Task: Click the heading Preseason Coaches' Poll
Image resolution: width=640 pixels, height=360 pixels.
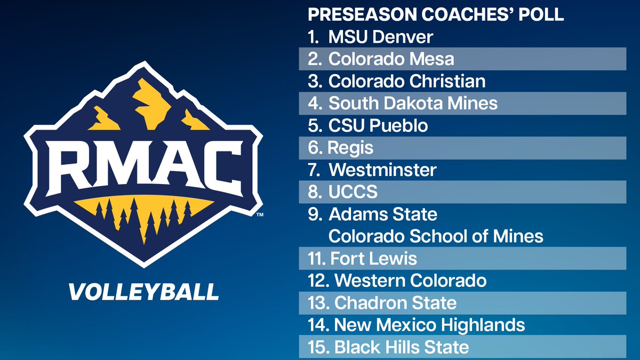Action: pyautogui.click(x=436, y=14)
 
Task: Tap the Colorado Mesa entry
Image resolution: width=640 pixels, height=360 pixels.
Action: pyautogui.click(x=391, y=59)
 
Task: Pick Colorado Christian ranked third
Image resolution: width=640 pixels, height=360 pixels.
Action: pyautogui.click(x=407, y=81)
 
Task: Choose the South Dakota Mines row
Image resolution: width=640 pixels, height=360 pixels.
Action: pyautogui.click(x=413, y=103)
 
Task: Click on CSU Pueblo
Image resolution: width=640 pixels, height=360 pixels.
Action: pyautogui.click(x=378, y=126)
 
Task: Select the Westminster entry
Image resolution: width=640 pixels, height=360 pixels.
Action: pyautogui.click(x=382, y=170)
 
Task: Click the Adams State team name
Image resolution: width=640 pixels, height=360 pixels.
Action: pyautogui.click(x=383, y=214)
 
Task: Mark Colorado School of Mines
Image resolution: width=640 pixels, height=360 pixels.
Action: pyautogui.click(x=436, y=236)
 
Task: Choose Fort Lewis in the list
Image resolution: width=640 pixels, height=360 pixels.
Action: pyautogui.click(x=373, y=259)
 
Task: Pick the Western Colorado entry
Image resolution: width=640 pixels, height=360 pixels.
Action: pyautogui.click(x=410, y=281)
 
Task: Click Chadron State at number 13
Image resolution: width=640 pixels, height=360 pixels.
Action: pyautogui.click(x=395, y=303)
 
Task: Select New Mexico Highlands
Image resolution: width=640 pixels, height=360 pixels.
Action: pyautogui.click(x=429, y=325)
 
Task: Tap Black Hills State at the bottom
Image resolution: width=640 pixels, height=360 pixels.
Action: pyautogui.click(x=401, y=348)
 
